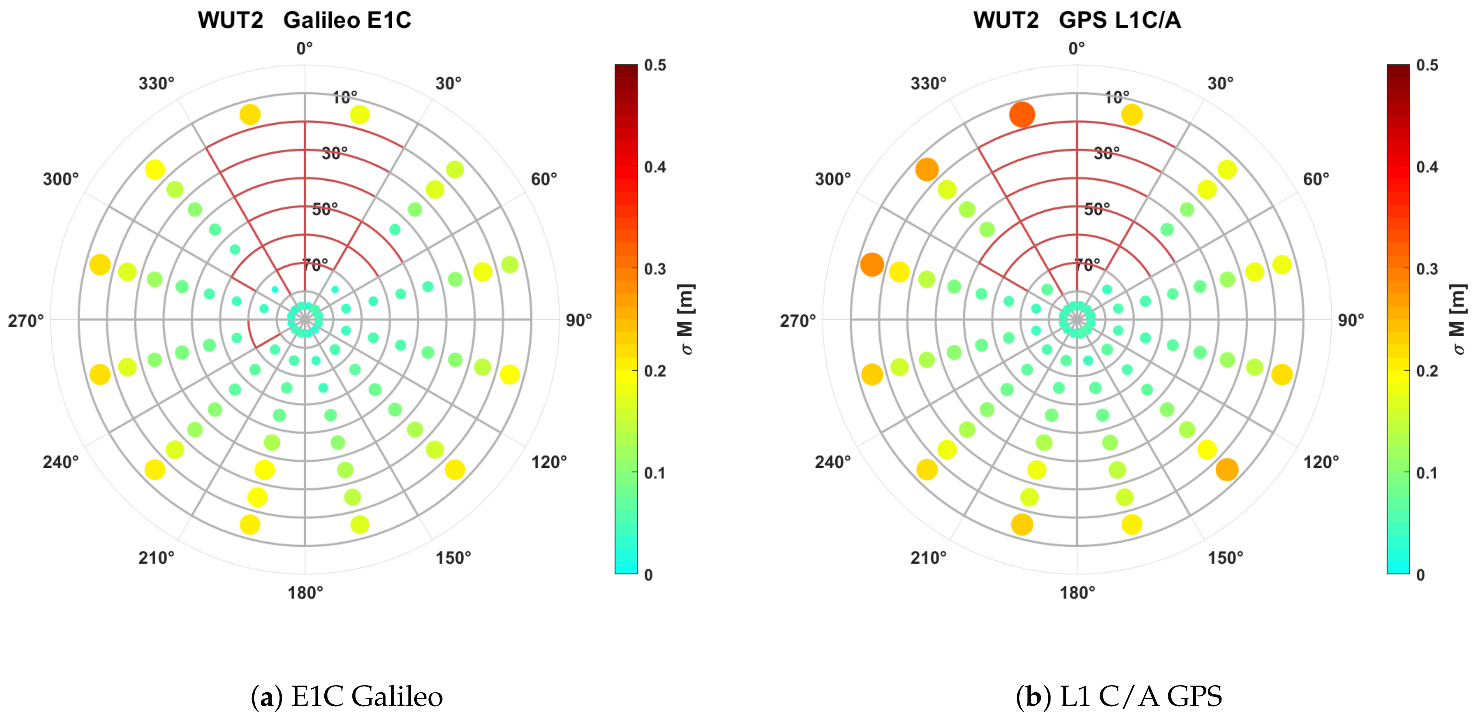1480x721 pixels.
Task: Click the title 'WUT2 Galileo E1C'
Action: tap(304, 20)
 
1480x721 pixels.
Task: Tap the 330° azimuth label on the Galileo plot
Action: tap(156, 84)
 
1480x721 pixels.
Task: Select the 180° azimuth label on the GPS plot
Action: tap(1077, 593)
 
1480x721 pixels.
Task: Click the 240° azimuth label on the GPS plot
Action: tap(832, 462)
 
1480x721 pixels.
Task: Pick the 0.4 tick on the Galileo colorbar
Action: tap(655, 167)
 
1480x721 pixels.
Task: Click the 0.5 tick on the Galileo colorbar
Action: tap(655, 65)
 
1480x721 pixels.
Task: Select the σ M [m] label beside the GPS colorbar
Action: tap(1459, 320)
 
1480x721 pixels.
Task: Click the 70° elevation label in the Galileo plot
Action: tap(315, 265)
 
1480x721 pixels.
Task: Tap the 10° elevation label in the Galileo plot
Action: tap(345, 97)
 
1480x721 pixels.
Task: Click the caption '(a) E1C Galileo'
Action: tap(347, 696)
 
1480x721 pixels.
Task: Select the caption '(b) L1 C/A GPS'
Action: tap(1119, 696)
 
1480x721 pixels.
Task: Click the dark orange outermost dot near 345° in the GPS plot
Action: tap(1022, 115)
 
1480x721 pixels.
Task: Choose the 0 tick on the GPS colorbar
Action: tap(1420, 575)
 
